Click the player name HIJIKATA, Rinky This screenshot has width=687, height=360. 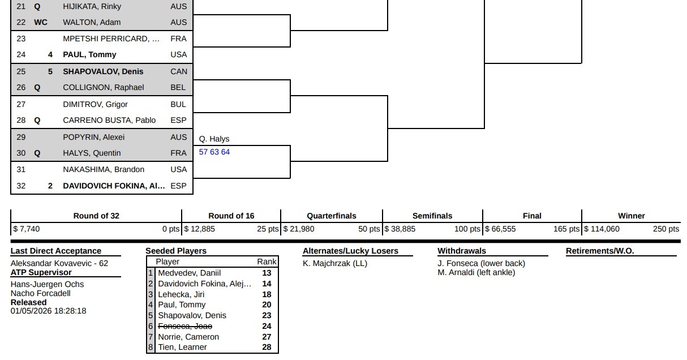(93, 6)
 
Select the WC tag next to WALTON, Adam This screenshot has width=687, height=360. (41, 22)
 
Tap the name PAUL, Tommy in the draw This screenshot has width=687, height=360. (89, 54)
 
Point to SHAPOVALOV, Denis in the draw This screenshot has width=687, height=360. (103, 71)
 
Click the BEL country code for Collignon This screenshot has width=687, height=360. (178, 87)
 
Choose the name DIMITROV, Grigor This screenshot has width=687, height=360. (96, 104)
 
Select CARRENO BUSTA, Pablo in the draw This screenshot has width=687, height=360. (109, 120)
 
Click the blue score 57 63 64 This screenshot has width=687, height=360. (214, 152)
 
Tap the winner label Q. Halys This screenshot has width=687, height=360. (214, 139)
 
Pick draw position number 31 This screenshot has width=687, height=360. (21, 169)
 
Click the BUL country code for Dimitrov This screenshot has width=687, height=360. (178, 104)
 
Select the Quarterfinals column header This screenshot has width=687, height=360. (332, 216)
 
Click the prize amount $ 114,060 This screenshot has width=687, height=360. (602, 229)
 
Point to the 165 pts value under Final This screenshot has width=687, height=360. (566, 229)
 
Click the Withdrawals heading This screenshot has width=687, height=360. (462, 251)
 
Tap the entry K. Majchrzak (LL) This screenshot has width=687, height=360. (335, 263)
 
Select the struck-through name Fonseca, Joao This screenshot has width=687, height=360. (185, 326)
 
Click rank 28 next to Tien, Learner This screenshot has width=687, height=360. (267, 347)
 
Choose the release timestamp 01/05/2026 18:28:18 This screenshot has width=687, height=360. (49, 311)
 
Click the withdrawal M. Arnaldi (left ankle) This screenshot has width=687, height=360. (476, 272)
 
